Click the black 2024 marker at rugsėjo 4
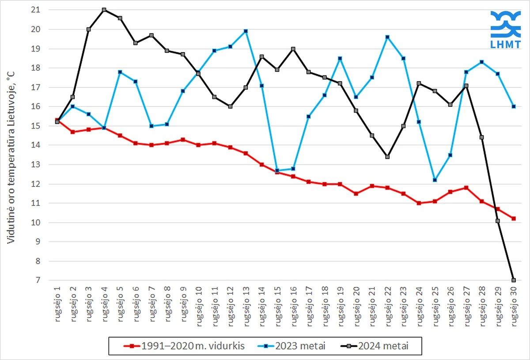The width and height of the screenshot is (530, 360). click(104, 10)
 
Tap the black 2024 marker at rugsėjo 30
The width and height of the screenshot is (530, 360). click(514, 280)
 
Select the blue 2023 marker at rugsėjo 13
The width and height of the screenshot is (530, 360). click(246, 31)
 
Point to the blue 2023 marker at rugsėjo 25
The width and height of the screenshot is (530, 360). click(435, 180)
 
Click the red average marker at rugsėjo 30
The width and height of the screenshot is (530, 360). click(514, 218)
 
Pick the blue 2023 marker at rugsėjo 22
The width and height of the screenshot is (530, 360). click(388, 37)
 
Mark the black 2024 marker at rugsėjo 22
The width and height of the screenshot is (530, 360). click(388, 157)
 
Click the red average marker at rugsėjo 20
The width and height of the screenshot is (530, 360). click(356, 193)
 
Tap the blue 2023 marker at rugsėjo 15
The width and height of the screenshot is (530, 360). click(277, 171)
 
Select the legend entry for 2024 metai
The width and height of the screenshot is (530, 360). click(375, 346)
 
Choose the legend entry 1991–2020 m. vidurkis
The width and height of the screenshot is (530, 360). click(185, 346)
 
